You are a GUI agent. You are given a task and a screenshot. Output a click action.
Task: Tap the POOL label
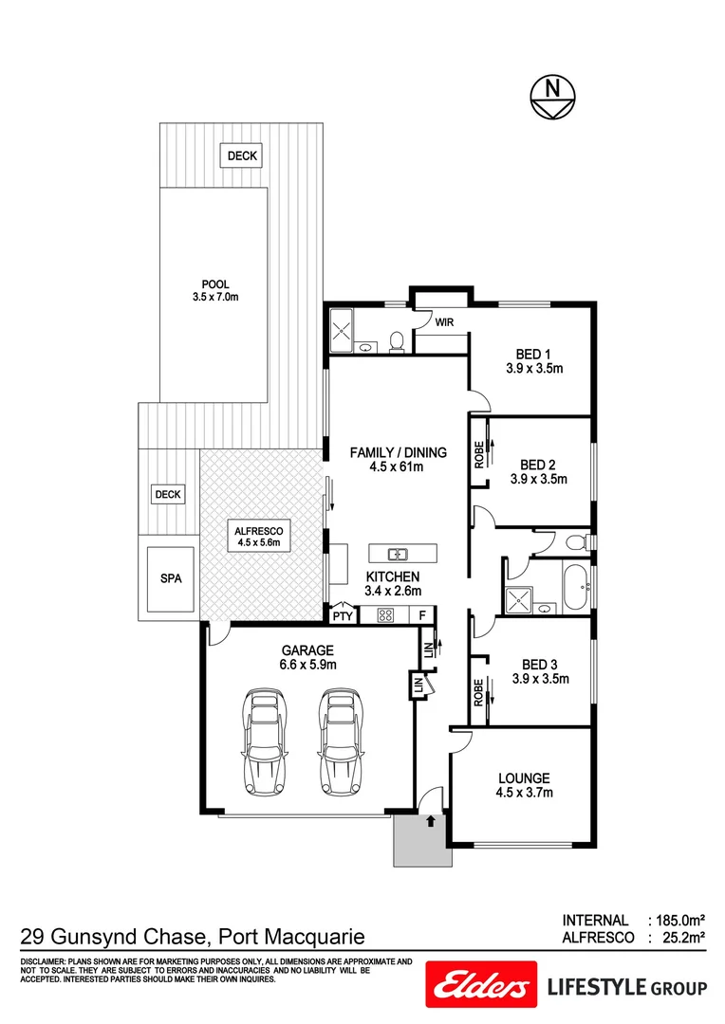(x=215, y=284)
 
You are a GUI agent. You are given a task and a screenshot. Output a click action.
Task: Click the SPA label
(x=170, y=576)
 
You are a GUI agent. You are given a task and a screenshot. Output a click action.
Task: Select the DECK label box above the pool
(x=241, y=156)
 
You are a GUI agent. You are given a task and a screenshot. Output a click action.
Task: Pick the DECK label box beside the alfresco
(x=168, y=494)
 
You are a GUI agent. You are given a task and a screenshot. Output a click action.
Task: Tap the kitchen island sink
(x=398, y=554)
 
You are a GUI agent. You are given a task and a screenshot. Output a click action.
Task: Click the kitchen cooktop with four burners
(x=387, y=615)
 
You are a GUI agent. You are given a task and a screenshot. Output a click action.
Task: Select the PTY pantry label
(x=341, y=615)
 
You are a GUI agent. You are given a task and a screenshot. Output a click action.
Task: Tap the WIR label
(x=444, y=322)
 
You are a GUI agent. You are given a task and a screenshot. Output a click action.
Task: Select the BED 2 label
(x=538, y=465)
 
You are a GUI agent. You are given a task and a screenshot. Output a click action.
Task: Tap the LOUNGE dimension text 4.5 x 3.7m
(x=525, y=793)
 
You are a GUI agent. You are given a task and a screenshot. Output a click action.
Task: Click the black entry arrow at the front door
(x=432, y=820)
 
